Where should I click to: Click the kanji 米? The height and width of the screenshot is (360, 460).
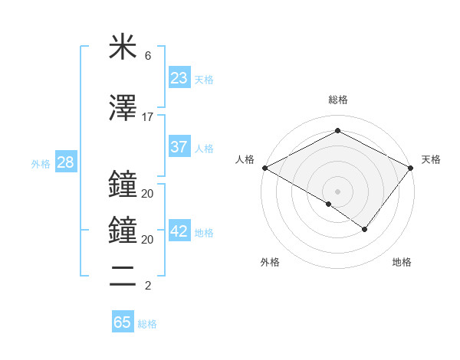[x=123, y=47]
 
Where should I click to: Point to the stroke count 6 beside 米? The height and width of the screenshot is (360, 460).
[x=147, y=56]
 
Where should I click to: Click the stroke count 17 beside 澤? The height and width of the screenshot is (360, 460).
[x=147, y=117]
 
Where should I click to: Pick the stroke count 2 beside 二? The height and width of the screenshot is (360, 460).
[x=147, y=286]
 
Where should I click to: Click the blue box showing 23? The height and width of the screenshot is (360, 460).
[x=179, y=77]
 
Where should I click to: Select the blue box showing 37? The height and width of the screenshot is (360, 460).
[x=179, y=148]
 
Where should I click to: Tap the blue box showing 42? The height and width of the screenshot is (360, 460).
[x=179, y=232]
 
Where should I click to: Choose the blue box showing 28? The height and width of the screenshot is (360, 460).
[x=65, y=163]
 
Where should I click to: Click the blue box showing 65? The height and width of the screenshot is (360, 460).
[x=123, y=322]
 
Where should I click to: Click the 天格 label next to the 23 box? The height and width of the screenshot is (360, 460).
[x=204, y=79]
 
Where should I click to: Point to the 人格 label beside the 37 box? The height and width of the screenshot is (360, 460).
[x=204, y=149]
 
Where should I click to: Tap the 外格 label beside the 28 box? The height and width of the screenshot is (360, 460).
[x=41, y=164]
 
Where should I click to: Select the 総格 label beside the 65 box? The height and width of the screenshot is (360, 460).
[x=147, y=324]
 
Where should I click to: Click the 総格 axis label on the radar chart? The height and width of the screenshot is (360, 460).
[x=337, y=100]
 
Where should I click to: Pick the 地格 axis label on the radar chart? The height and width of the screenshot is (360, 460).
[x=402, y=263]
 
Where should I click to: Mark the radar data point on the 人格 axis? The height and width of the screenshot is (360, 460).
[x=264, y=168]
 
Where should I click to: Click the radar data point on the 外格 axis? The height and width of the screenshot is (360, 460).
[x=329, y=204]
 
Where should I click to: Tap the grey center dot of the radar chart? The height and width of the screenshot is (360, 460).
[x=337, y=191]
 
